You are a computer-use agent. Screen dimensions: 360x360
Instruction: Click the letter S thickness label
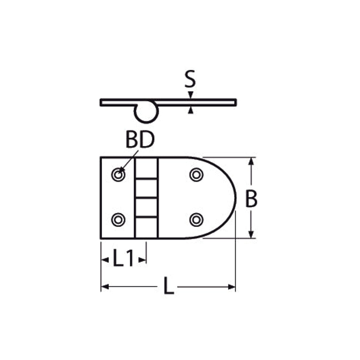point(190,79)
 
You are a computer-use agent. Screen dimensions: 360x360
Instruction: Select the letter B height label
point(251,199)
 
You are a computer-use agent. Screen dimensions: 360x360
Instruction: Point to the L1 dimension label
point(123,258)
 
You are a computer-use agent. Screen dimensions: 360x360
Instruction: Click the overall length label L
point(169,286)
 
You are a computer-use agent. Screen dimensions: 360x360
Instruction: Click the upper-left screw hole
point(118,175)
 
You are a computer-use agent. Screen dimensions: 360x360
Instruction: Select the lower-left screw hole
point(118,220)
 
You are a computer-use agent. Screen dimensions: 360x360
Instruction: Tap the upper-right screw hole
point(196,175)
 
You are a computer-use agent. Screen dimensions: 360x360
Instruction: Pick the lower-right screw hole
point(196,220)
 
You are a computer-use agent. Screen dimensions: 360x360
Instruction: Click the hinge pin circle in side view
point(146,121)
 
